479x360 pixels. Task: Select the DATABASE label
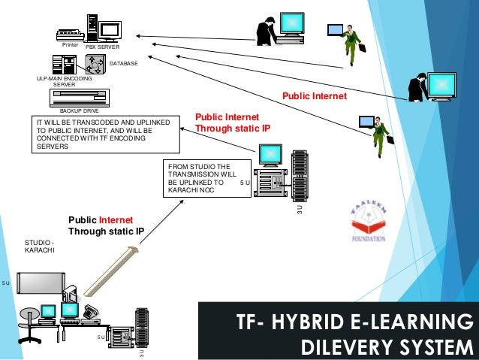[124, 64]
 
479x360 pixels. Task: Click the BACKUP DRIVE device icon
[79, 98]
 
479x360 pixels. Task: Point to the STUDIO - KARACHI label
[39, 246]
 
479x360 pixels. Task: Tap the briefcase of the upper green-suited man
[362, 47]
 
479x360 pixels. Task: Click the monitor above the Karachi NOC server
[268, 156]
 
